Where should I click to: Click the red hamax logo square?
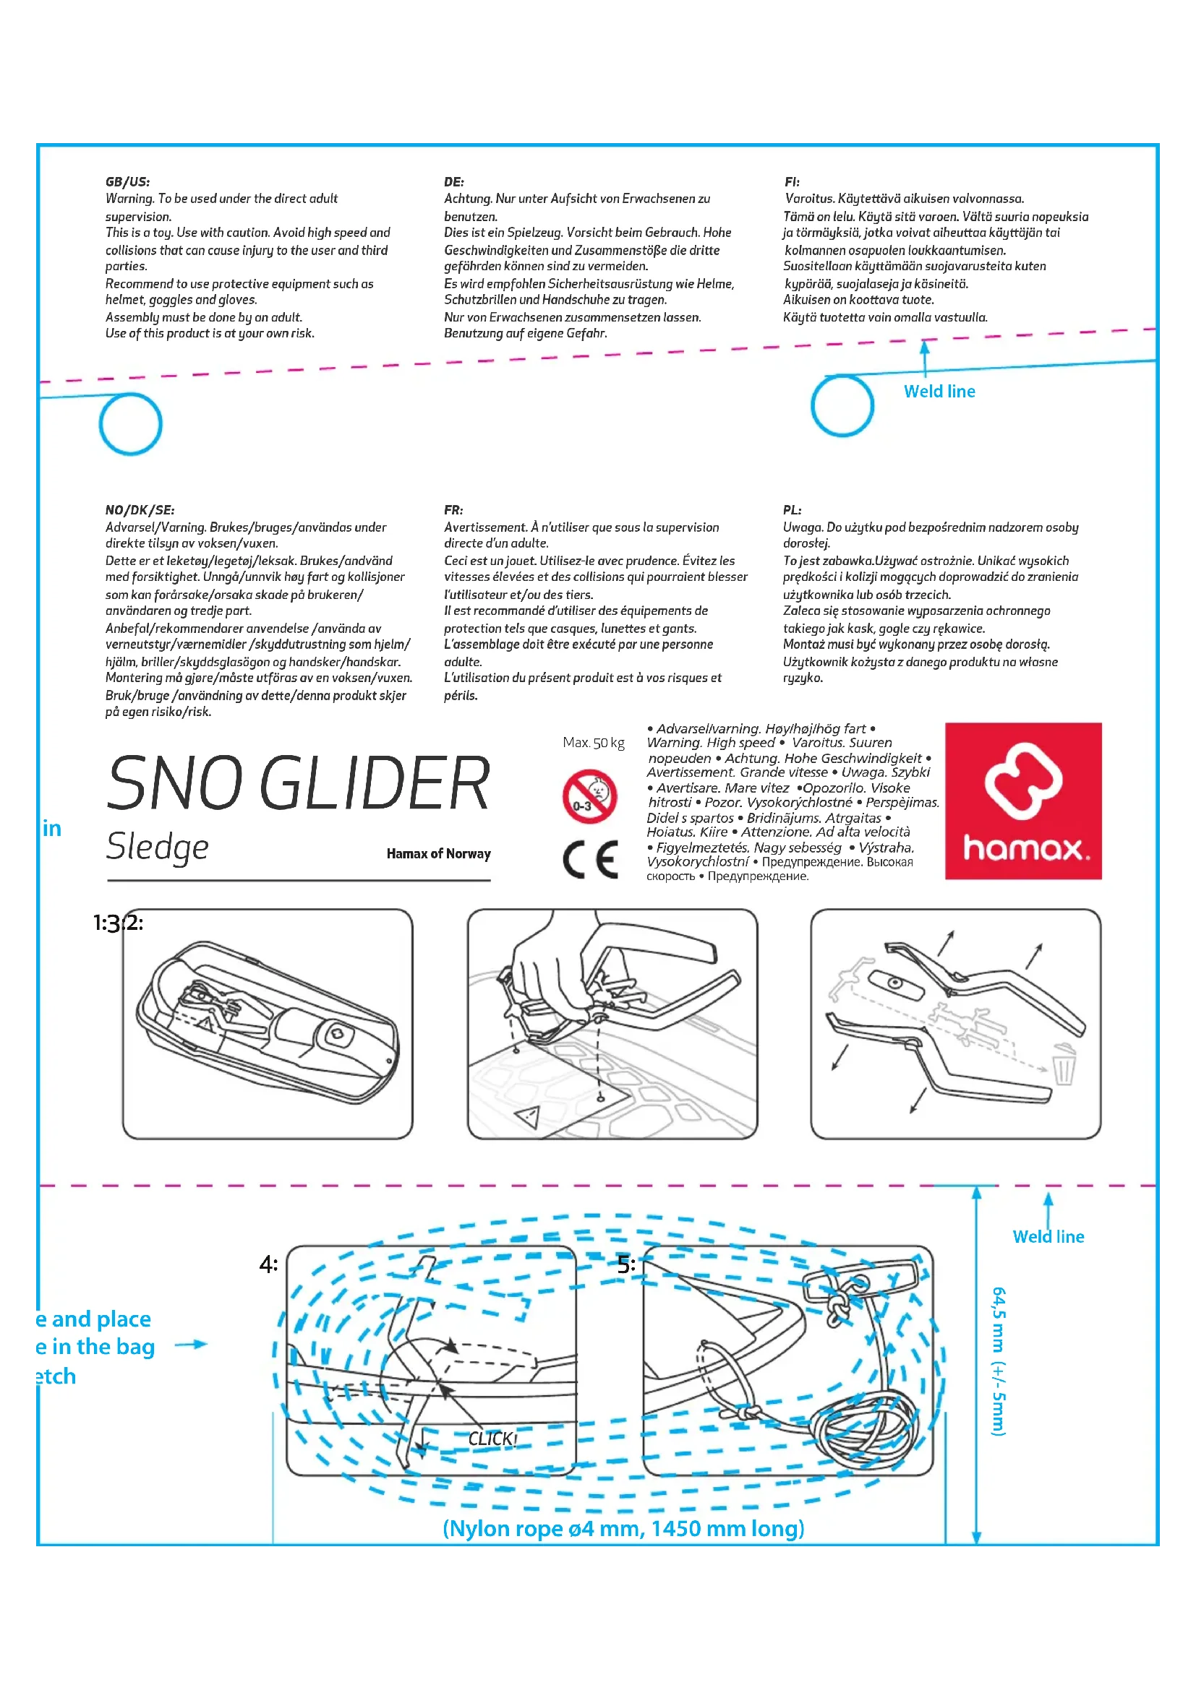[x=1023, y=801]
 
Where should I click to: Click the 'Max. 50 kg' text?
[x=593, y=742]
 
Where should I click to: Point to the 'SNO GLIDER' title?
[x=298, y=783]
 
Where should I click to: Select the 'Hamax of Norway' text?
[x=438, y=854]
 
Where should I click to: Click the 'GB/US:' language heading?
[x=127, y=182]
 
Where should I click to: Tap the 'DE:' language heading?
[x=453, y=182]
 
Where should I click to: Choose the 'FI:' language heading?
[x=792, y=182]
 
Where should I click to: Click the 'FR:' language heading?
[x=453, y=509]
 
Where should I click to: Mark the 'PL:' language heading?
[x=792, y=509]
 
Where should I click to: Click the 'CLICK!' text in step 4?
[x=492, y=1439]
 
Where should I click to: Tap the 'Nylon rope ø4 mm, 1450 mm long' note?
[x=623, y=1529]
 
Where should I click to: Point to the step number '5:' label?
[x=626, y=1265]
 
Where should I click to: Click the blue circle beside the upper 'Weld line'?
[x=842, y=405]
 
